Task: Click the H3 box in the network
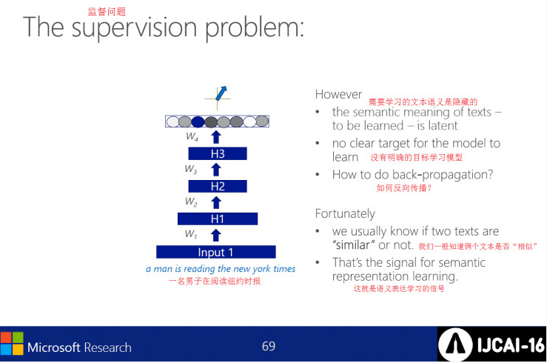217,154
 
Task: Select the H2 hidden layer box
217,187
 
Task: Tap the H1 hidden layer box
217,219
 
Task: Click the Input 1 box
215,252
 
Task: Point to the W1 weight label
191,235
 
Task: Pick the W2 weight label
191,202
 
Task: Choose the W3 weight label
191,170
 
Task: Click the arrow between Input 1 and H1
216,235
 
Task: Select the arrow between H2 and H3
216,170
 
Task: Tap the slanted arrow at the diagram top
220,93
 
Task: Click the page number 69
268,346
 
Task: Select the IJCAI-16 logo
491,345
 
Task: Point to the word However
338,95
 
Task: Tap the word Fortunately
345,213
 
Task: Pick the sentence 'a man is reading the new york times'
221,269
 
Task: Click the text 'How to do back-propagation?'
412,175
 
